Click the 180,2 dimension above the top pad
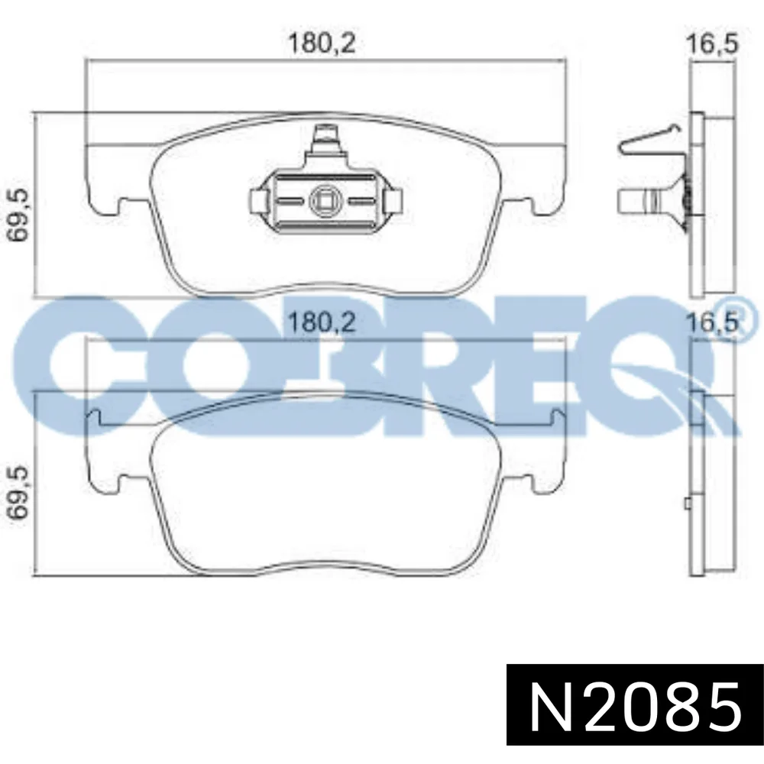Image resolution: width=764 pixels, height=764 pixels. [322, 43]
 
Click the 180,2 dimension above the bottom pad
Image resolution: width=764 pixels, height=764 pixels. [322, 322]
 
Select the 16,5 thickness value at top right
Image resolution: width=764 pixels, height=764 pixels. [712, 43]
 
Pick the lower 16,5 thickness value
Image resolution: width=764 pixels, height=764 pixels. [712, 322]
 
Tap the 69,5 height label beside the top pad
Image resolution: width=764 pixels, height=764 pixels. [21, 215]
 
